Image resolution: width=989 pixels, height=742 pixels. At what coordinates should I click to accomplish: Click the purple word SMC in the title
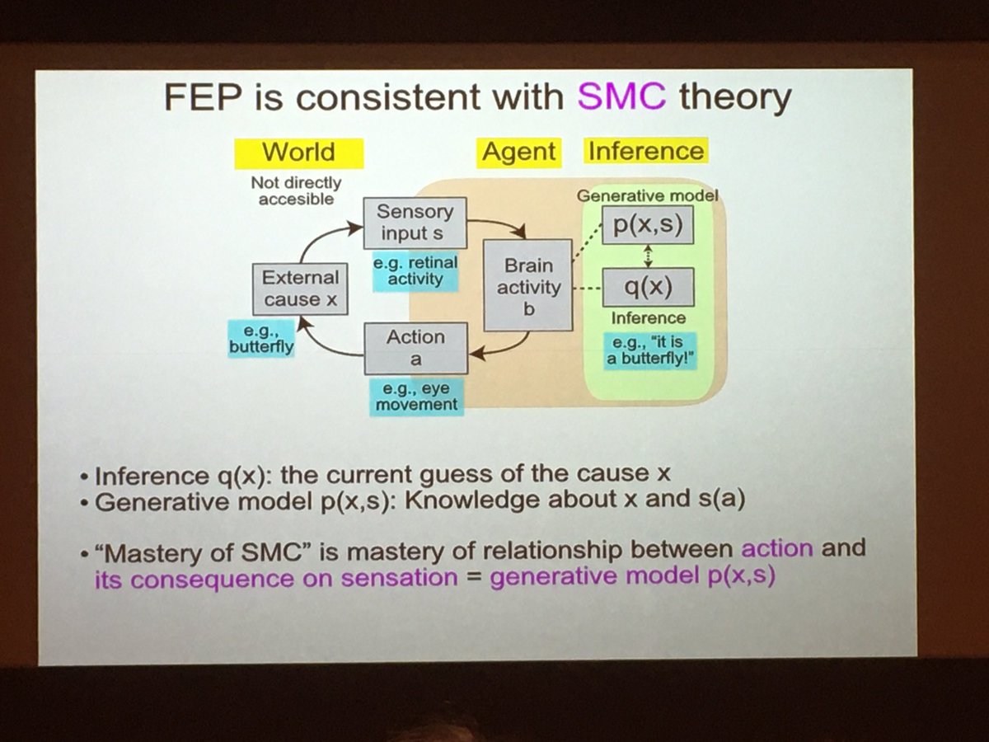(622, 98)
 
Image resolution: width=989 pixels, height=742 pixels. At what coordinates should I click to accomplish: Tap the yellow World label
(298, 153)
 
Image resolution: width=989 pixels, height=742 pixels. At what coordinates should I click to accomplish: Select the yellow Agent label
(518, 153)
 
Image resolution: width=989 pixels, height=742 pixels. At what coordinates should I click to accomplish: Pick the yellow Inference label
(645, 152)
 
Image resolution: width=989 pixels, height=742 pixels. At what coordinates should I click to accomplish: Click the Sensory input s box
(414, 223)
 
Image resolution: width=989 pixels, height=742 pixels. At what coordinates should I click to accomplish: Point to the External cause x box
(299, 289)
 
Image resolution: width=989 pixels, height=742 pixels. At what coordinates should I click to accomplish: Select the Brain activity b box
(527, 285)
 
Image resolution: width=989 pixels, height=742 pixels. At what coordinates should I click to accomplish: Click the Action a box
(416, 347)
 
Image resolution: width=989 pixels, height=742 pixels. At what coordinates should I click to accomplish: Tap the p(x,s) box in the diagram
(648, 225)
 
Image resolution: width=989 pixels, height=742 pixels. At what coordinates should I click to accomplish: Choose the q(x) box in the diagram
(648, 287)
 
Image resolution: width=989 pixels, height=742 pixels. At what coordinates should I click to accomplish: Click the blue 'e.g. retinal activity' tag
(415, 271)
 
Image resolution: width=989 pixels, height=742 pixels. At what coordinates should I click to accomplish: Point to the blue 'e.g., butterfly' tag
(260, 340)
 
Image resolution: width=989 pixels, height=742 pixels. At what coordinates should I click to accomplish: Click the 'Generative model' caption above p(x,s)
(648, 196)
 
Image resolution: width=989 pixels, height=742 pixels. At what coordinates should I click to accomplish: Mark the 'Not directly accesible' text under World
(295, 191)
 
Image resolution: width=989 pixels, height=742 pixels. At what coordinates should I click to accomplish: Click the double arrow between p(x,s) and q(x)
(648, 256)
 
